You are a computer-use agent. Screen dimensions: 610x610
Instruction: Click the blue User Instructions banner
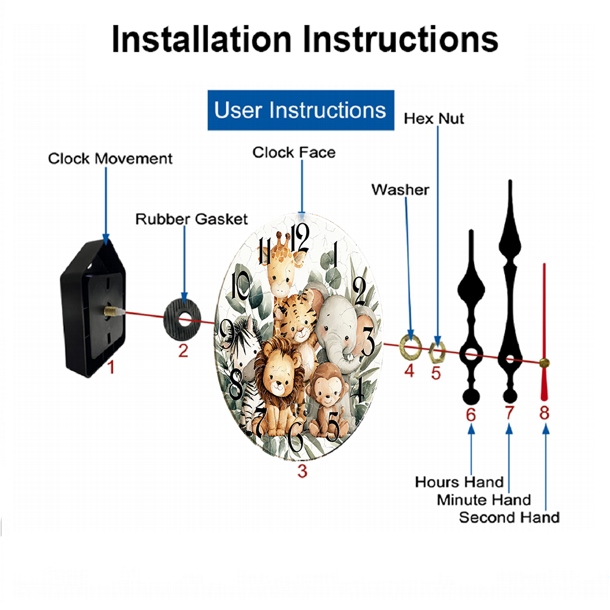point(301,110)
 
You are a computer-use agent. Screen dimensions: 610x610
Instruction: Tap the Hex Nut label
point(434,119)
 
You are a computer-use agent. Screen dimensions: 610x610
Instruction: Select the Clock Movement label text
point(110,159)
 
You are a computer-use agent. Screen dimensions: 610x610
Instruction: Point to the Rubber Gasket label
point(192,219)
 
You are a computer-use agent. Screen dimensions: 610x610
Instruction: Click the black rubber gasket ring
point(182,321)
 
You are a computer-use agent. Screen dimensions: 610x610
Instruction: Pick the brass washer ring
point(411,345)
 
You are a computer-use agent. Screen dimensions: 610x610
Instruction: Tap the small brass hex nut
point(437,352)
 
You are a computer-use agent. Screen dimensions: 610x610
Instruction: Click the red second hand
point(544,332)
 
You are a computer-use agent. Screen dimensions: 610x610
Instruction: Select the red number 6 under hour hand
point(471,415)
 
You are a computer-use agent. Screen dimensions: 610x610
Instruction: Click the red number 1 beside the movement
point(111,367)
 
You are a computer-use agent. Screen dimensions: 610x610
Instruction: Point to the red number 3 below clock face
point(303,471)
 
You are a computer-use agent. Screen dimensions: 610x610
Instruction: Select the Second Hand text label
point(509,517)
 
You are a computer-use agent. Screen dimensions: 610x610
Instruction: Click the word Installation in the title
point(201,39)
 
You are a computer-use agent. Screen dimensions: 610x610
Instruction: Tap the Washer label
point(400,190)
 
